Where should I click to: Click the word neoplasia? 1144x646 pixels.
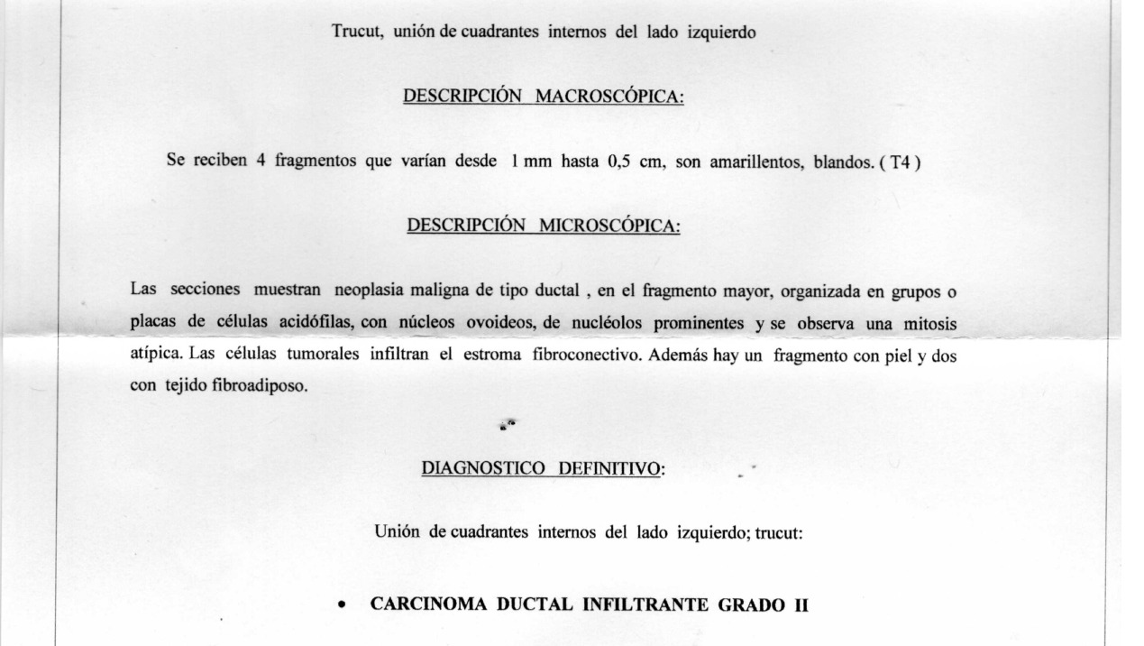[373, 291]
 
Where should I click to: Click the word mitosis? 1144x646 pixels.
[930, 323]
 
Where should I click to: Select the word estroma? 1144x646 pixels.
[496, 355]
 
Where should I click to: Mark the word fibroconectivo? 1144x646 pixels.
[585, 355]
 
